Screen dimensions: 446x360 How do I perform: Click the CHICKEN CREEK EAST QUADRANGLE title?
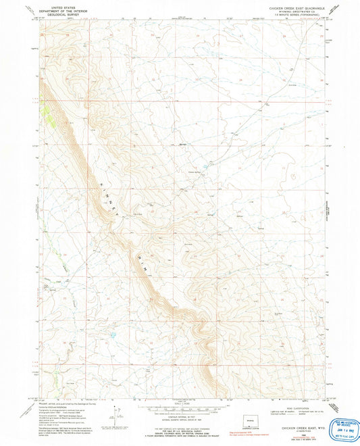291,6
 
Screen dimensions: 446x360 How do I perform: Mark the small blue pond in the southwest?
111,334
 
